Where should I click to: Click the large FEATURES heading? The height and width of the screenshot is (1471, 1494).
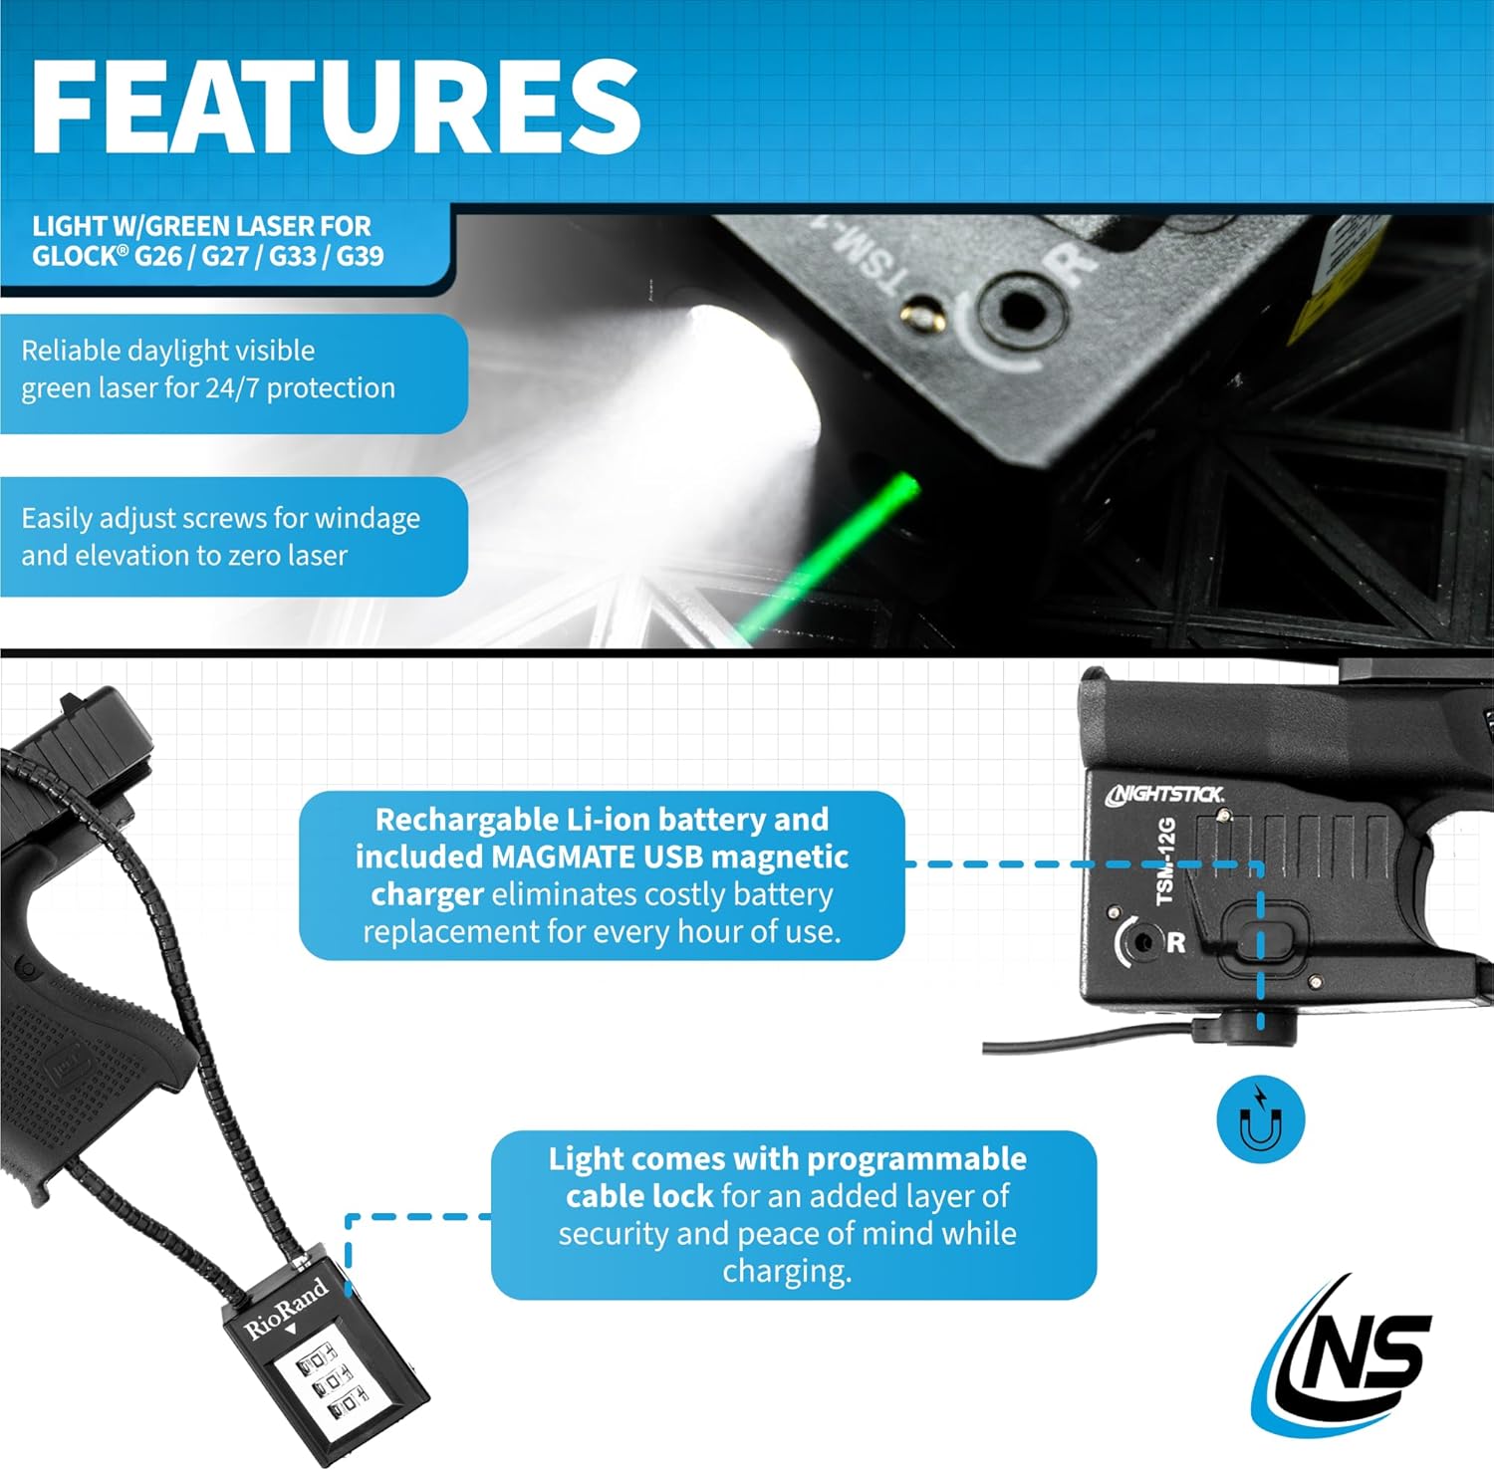pyautogui.click(x=336, y=107)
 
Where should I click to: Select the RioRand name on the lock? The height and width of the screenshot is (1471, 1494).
pyautogui.click(x=286, y=1309)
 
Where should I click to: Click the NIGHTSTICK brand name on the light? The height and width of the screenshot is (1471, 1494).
pyautogui.click(x=1165, y=794)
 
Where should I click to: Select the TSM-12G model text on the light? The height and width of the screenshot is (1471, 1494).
pyautogui.click(x=1166, y=861)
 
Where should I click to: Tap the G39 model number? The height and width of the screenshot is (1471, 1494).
pyautogui.click(x=360, y=257)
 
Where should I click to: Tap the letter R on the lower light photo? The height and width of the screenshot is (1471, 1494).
pyautogui.click(x=1176, y=942)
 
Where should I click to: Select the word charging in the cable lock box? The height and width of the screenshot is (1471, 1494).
pyautogui.click(x=787, y=1272)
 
